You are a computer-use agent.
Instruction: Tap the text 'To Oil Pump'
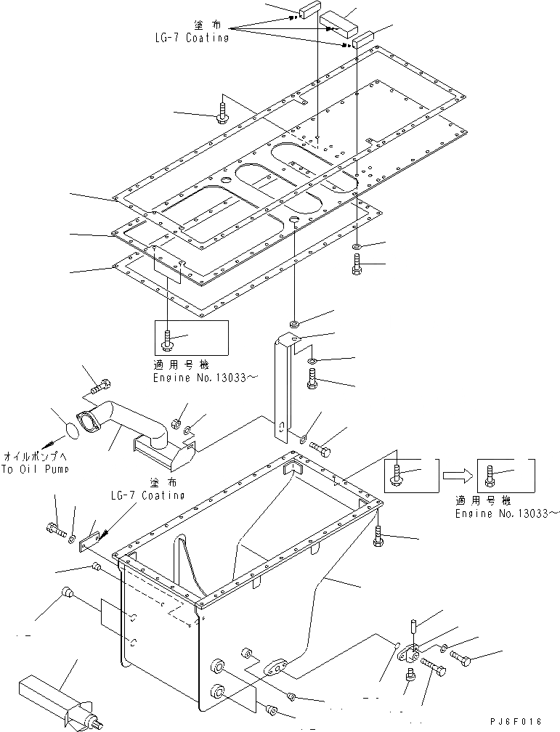pos(36,469)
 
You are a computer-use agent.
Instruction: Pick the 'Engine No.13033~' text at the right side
pos(501,513)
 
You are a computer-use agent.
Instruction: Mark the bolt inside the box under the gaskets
pos(169,338)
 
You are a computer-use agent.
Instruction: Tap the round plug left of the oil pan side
pos(67,593)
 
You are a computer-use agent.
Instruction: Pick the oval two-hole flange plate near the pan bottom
pos(278,667)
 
